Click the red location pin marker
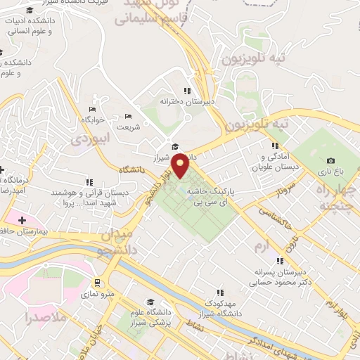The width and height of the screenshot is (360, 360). coord(181,165)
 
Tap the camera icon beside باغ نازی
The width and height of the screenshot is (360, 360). coord(330,161)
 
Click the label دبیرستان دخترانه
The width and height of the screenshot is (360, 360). coord(186,101)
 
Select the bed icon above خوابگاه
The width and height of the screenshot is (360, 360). coord(92,110)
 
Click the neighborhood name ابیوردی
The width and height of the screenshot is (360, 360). coord(91,139)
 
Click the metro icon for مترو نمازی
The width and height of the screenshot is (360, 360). coord(97,283)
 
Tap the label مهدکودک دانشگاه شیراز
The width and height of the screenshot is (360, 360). coord(219,307)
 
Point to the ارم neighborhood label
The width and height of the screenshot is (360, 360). coord(262,246)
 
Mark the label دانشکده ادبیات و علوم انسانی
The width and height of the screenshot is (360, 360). coord(32,26)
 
